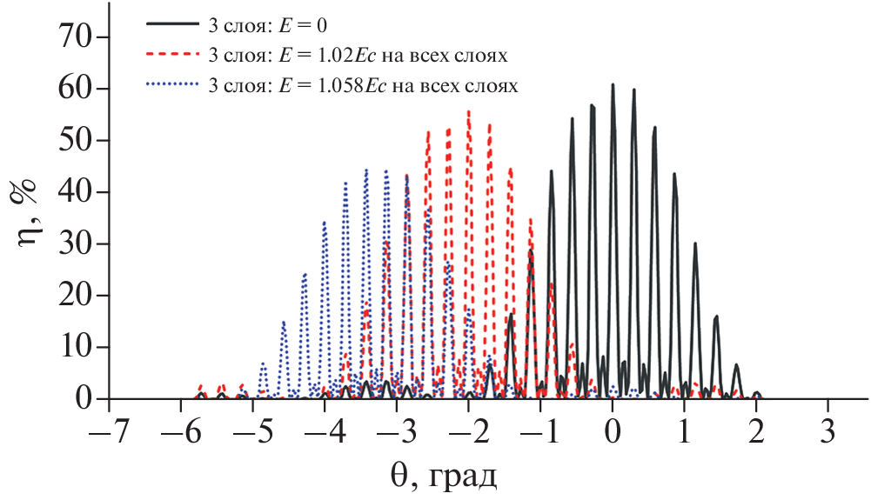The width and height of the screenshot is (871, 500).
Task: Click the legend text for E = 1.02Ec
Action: pyautogui.click(x=358, y=57)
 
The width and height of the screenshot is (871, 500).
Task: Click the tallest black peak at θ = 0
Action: pyautogui.click(x=613, y=86)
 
